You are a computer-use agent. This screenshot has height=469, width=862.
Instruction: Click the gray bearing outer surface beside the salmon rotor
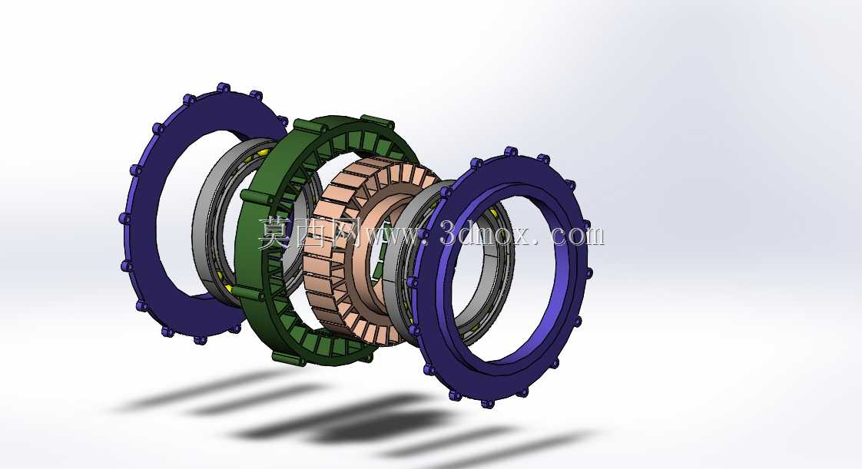coord(395,263)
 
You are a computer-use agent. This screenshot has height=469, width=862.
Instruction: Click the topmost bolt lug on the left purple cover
coord(223,88)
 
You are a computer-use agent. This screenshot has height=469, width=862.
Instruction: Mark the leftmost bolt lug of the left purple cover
coord(124,219)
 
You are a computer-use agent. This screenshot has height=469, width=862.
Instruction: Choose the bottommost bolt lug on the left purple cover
coord(200,339)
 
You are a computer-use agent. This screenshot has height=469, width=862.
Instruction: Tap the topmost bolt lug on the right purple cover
coord(511,151)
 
